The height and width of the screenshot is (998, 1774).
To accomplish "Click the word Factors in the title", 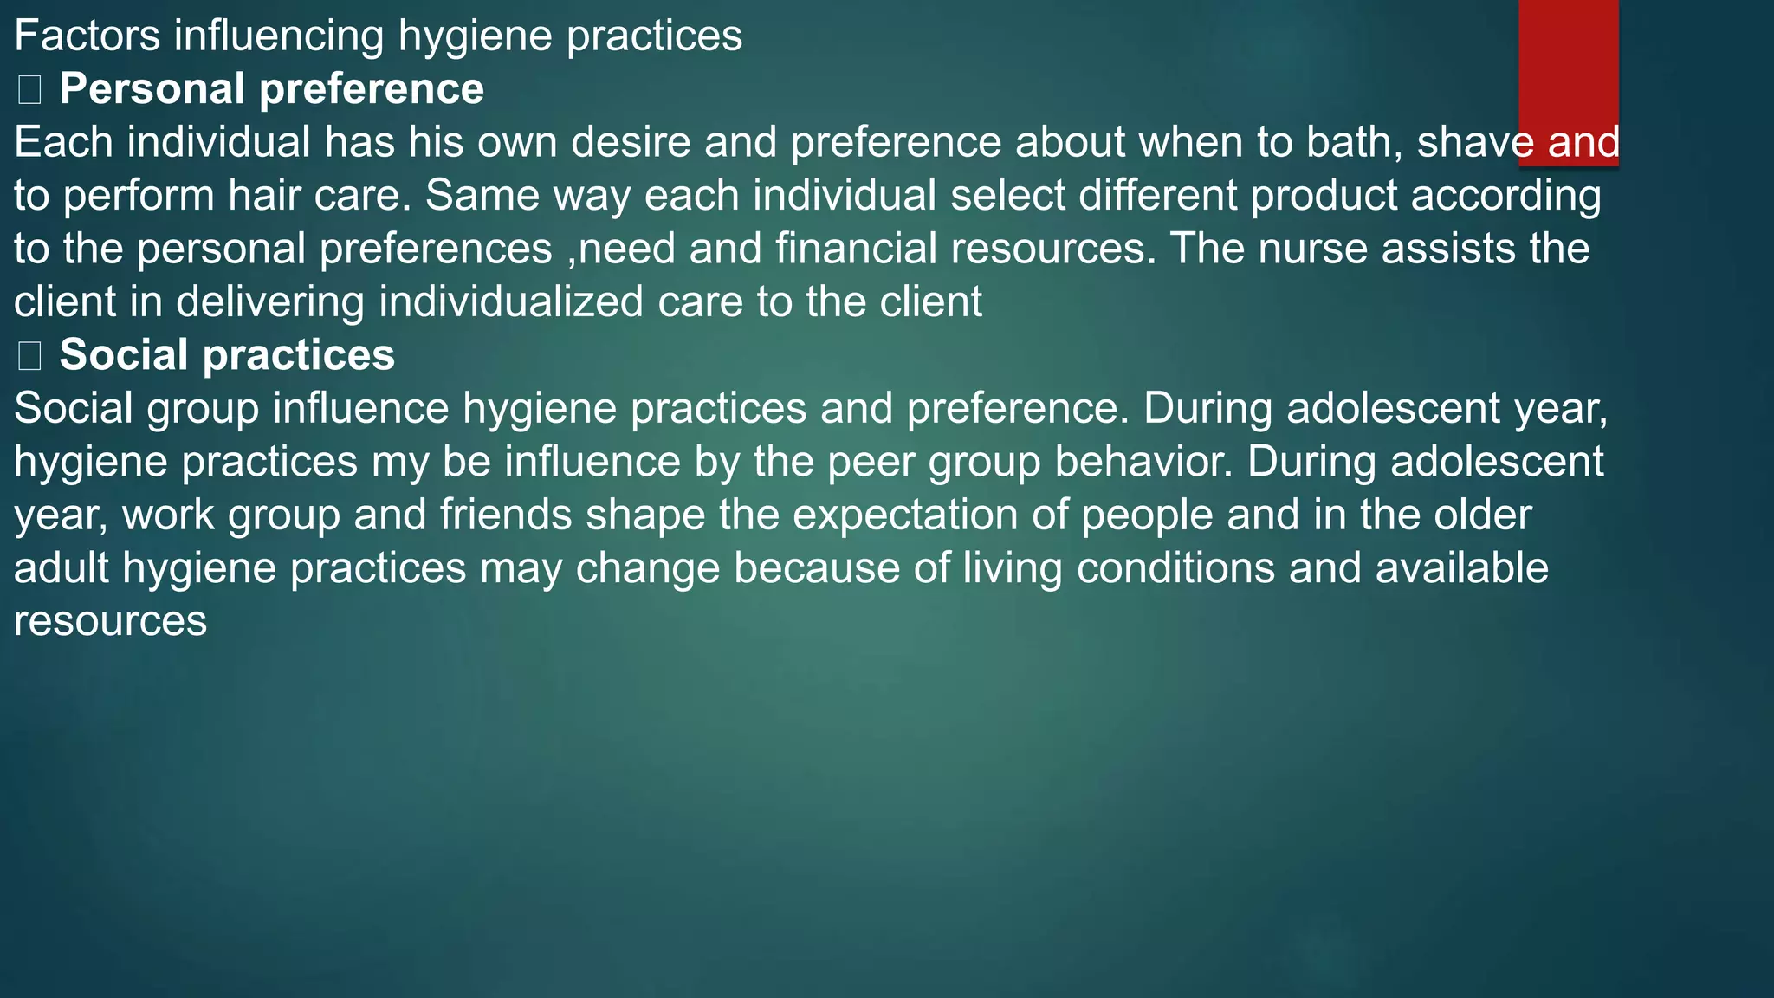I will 87,36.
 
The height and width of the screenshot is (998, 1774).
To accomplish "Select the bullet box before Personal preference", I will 29,90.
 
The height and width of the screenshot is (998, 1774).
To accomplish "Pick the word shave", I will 1475,142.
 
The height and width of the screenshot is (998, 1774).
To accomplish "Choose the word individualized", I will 511,302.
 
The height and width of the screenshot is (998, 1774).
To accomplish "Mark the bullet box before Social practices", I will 29,356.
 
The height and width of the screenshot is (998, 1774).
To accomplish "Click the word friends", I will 506,515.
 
